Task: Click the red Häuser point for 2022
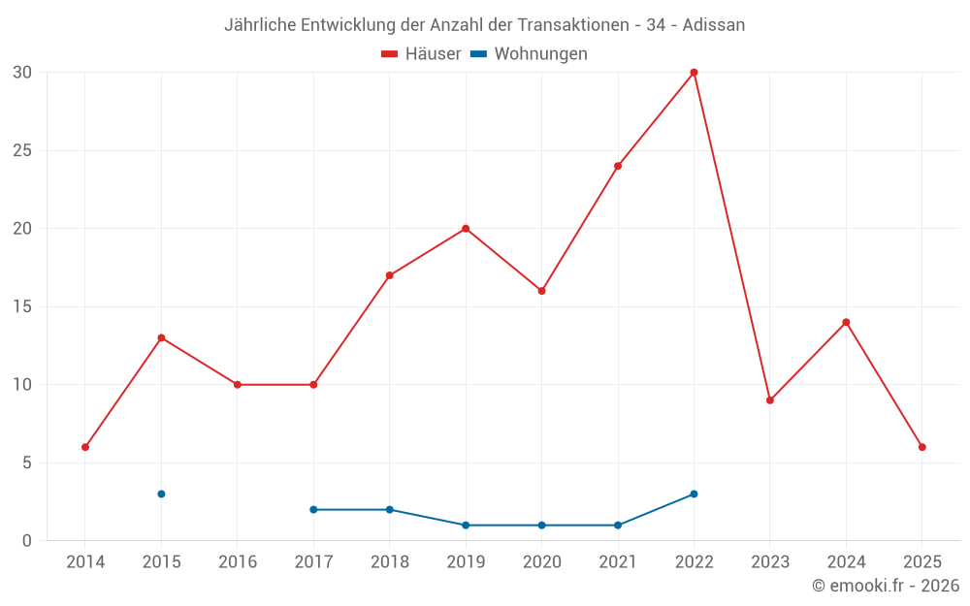(x=694, y=73)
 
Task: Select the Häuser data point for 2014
(x=85, y=447)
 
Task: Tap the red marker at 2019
(x=466, y=229)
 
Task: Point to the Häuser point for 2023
(x=770, y=400)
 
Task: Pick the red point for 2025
(x=922, y=447)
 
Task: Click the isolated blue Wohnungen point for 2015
(x=161, y=494)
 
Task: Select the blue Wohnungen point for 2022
(x=694, y=494)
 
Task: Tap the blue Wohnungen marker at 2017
(x=313, y=509)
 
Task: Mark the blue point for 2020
(x=541, y=525)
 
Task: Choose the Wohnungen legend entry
(x=540, y=54)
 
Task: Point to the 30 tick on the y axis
(x=22, y=73)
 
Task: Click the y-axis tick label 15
(x=22, y=306)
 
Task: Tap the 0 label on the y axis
(x=27, y=540)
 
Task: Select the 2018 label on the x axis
(x=389, y=562)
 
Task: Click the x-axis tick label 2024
(x=846, y=562)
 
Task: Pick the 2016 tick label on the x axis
(x=238, y=562)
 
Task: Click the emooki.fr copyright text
(x=886, y=586)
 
